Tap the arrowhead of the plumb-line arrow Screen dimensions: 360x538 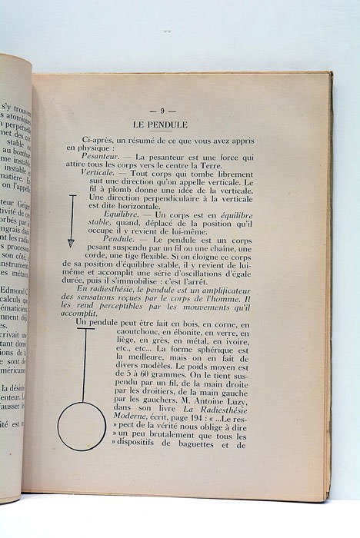(72, 243)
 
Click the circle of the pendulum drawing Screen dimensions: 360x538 (82, 426)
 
